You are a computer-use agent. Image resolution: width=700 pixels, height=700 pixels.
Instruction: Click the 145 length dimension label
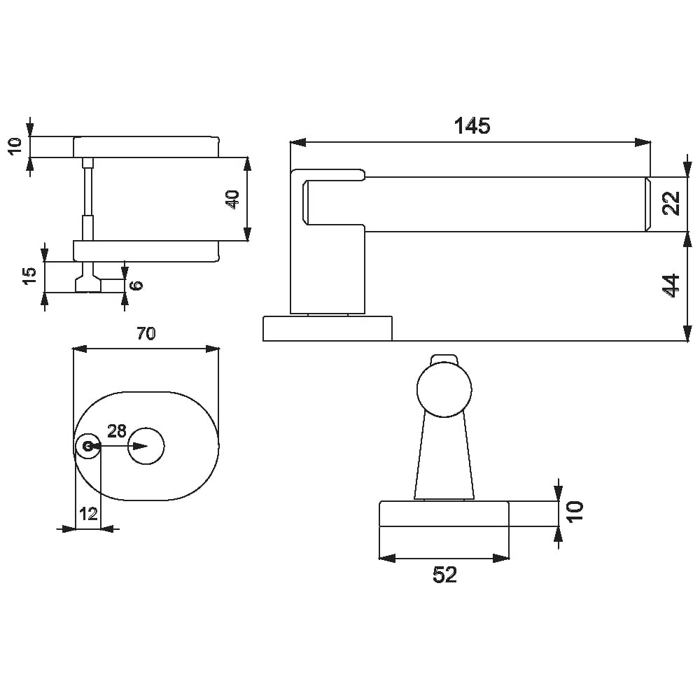tap(472, 126)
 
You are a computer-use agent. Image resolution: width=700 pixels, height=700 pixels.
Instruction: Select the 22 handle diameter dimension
tap(671, 203)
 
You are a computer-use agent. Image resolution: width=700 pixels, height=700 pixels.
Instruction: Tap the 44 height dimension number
tap(671, 286)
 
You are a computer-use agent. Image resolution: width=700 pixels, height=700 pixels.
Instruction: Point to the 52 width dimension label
tap(444, 575)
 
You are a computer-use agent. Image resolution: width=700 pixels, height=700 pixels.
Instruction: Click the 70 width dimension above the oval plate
tap(146, 333)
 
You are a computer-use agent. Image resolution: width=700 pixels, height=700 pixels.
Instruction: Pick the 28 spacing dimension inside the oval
tap(116, 430)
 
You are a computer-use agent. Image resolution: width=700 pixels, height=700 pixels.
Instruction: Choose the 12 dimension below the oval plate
tap(88, 514)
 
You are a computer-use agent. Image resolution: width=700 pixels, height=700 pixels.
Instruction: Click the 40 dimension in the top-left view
tap(233, 199)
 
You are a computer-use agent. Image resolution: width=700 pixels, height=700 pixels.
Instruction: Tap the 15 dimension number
tap(29, 276)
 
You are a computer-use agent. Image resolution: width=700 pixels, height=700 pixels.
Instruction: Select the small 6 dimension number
tap(136, 285)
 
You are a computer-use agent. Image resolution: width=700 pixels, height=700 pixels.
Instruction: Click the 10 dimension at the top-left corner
tap(15, 146)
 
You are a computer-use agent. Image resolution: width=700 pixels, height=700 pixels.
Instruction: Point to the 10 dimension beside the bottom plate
tap(575, 511)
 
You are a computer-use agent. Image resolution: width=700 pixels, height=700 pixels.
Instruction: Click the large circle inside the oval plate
tap(146, 445)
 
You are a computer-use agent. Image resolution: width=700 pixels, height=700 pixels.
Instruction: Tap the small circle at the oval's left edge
tap(88, 445)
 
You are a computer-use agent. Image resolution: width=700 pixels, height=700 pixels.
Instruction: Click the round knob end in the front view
tap(444, 390)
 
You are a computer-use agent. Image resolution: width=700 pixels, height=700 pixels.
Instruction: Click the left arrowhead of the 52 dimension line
tap(387, 558)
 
